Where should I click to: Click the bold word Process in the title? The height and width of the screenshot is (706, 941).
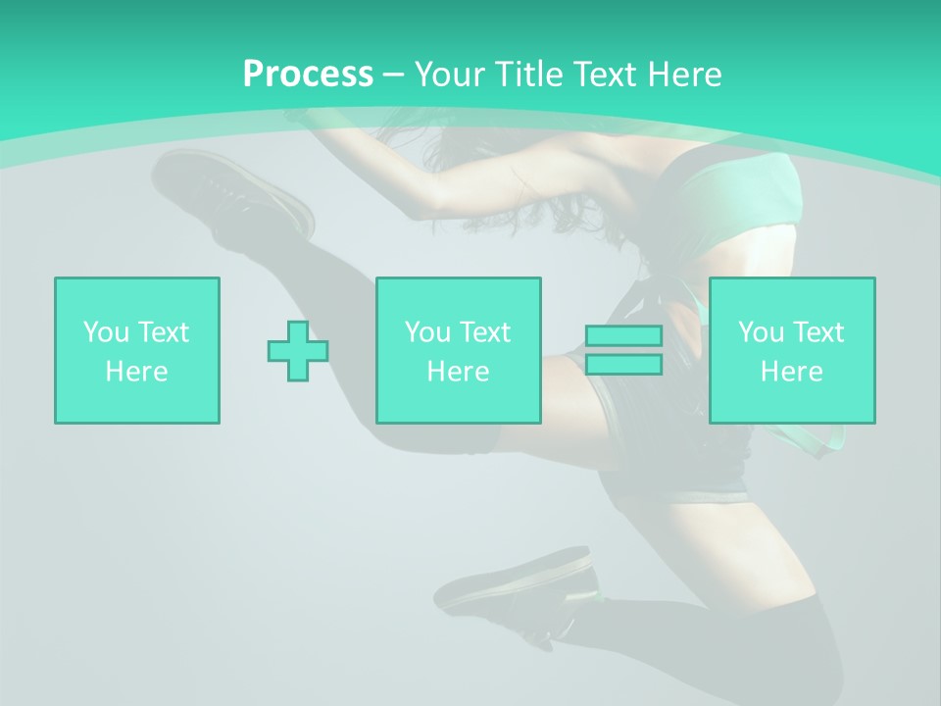(308, 75)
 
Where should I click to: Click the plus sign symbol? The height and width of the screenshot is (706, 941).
(298, 350)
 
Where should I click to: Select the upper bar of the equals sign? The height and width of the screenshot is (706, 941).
(623, 335)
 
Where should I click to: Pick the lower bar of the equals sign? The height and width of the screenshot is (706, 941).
(623, 365)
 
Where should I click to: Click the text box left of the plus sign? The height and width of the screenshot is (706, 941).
(137, 350)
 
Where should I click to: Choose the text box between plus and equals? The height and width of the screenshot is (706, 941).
(458, 350)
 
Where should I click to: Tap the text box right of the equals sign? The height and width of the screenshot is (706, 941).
(791, 350)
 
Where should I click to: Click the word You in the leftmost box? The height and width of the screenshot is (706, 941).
(106, 332)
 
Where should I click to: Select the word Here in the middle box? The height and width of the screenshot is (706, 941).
(458, 372)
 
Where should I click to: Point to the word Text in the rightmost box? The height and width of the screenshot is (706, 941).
(817, 332)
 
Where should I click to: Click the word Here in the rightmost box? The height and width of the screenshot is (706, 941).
(791, 372)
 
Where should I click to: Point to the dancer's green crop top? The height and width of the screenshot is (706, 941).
(745, 196)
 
